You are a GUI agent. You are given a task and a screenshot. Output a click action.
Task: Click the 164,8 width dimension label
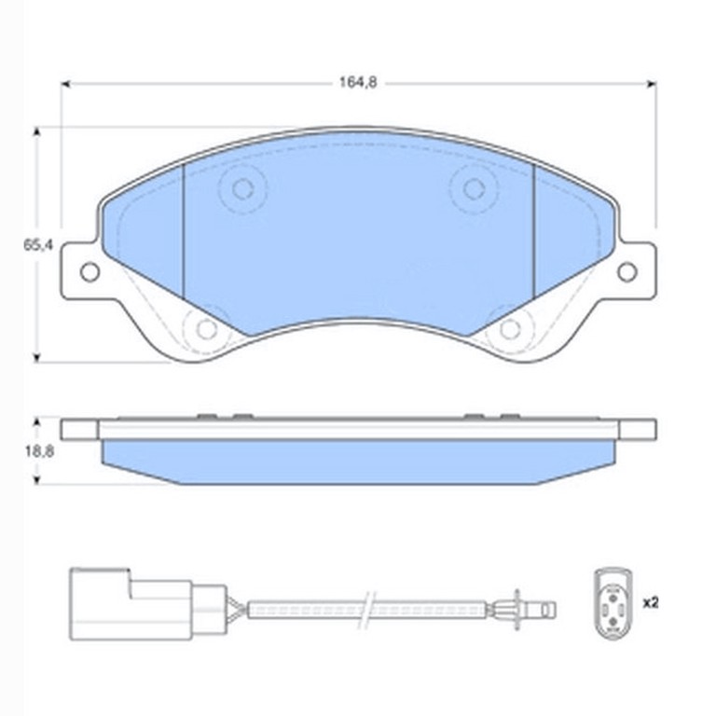pos(358,83)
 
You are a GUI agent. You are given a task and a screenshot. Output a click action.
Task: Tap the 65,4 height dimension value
pos(38,245)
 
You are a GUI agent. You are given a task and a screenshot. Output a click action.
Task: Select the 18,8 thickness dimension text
pos(39,451)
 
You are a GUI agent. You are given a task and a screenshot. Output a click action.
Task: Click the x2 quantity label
pos(651,603)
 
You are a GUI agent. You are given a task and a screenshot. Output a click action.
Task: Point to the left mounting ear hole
pos(89,272)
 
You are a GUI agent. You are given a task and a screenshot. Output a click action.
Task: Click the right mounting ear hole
pos(626,271)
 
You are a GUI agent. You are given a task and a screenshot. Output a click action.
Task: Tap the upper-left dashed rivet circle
pos(242,188)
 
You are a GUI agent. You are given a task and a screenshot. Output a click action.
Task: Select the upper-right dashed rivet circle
pos(474,188)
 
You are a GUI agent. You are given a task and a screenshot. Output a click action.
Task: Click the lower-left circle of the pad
pos(206,328)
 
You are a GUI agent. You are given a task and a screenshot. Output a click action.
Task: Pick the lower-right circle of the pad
pos(510,328)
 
